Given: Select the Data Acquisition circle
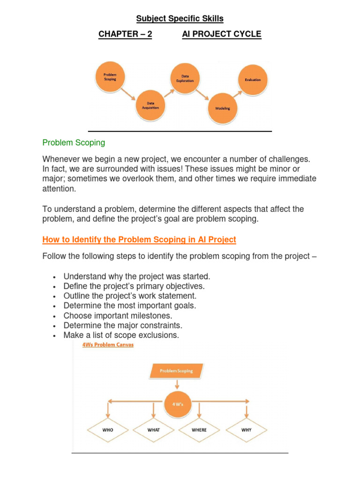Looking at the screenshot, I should (150, 105).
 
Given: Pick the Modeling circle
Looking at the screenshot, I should (223, 108).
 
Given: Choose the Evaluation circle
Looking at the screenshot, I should (253, 80).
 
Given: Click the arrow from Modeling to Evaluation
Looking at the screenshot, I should (237, 94).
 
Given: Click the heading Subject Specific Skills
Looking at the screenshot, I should (180, 19).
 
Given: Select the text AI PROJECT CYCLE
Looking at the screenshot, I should (222, 34).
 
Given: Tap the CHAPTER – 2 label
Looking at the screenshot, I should (125, 34).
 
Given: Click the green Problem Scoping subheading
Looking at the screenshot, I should (74, 142).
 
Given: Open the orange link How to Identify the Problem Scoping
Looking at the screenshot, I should (139, 240).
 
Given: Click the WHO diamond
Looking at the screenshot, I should (107, 429).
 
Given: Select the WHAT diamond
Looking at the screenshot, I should (154, 429).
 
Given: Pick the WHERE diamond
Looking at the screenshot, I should (199, 429).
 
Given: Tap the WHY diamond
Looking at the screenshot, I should (246, 429).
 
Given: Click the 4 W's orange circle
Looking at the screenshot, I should (176, 402).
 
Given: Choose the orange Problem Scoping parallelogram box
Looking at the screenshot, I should (176, 371).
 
